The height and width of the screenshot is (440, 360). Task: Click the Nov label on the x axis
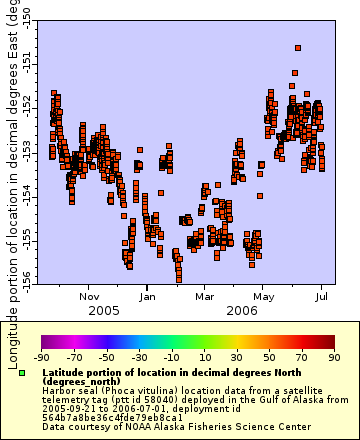pyautogui.click(x=90, y=296)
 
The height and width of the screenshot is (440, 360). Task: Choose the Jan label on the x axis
pyautogui.click(x=147, y=296)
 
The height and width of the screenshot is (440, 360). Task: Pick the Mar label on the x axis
pyautogui.click(x=205, y=296)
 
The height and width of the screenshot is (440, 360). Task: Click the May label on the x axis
pyautogui.click(x=264, y=296)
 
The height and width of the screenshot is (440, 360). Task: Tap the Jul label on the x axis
pyautogui.click(x=323, y=296)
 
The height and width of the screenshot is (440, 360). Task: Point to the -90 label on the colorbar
pyautogui.click(x=41, y=357)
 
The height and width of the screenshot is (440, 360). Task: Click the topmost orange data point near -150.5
pyautogui.click(x=298, y=47)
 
